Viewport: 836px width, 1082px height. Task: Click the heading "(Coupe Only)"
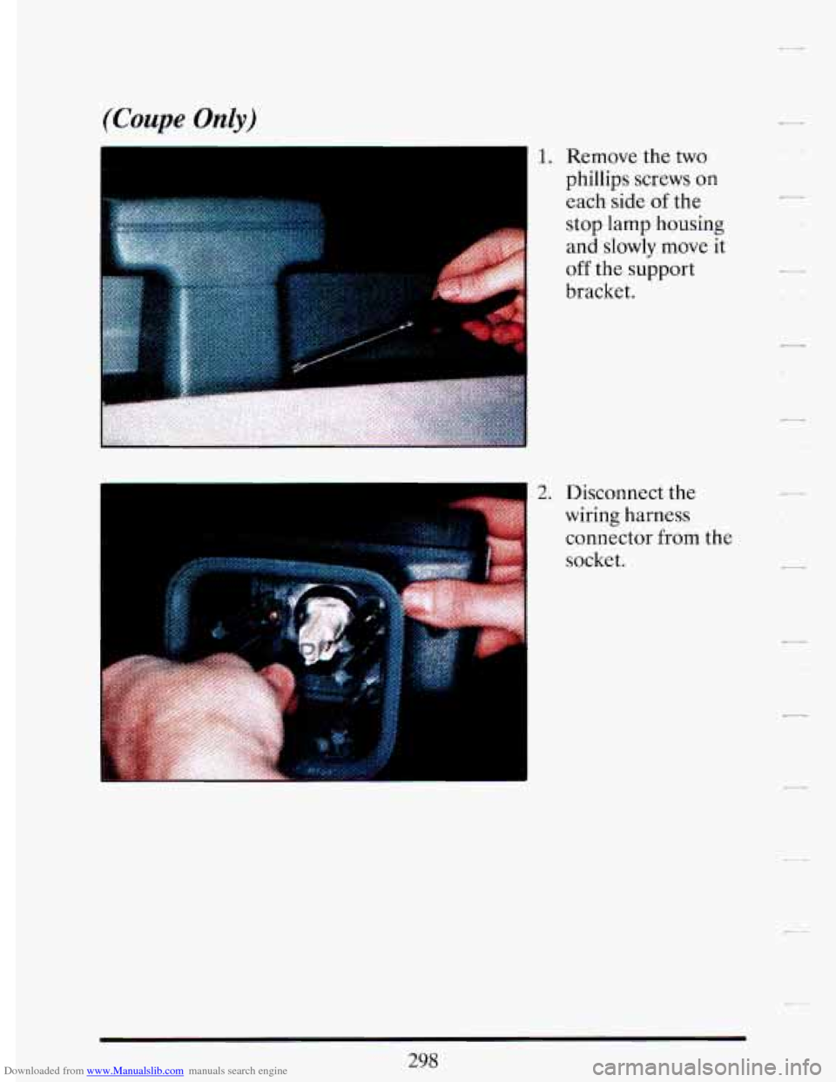coord(179,120)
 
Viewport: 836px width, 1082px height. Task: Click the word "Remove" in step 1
coord(602,156)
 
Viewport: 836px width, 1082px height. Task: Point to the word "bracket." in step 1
coord(601,291)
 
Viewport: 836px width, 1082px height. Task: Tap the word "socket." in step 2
coord(595,560)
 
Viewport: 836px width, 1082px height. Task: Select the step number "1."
coord(544,157)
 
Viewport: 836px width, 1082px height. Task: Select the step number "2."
coord(543,492)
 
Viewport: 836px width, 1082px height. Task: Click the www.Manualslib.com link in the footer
coord(135,1071)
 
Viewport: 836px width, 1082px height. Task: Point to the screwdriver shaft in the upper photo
coord(353,346)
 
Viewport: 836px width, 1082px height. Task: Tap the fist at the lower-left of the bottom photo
coord(195,716)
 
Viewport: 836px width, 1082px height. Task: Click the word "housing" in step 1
coord(689,225)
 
